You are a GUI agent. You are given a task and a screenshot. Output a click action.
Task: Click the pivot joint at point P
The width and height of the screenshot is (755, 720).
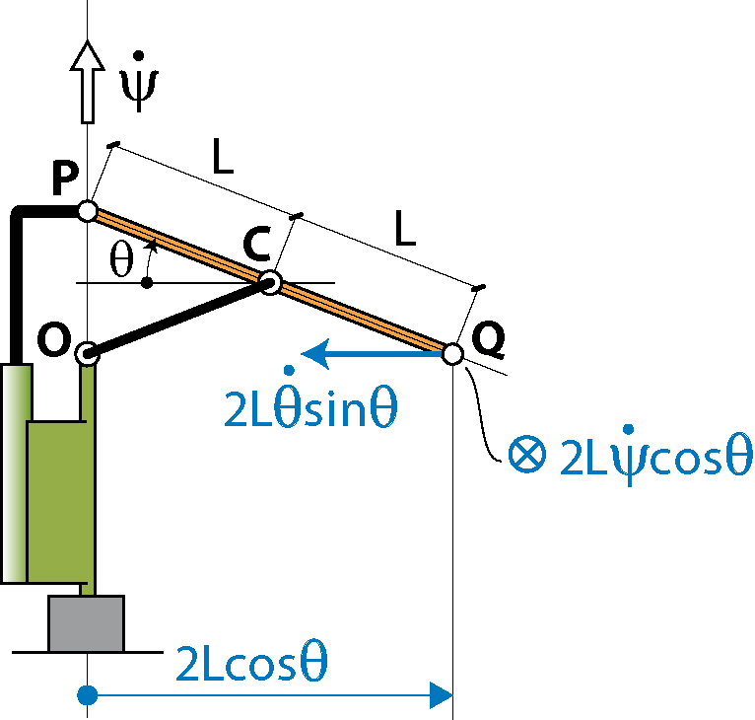(x=88, y=211)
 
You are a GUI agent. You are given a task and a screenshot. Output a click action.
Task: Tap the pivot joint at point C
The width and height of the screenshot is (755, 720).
(x=270, y=282)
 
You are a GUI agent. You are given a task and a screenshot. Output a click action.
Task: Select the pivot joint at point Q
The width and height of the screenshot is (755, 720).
(x=452, y=354)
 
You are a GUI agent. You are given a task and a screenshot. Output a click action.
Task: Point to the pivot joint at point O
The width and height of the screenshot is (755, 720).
(x=87, y=354)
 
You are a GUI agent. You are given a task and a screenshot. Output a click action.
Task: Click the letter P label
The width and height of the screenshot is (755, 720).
(x=65, y=179)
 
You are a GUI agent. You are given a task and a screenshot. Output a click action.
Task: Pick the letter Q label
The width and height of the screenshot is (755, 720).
(x=488, y=339)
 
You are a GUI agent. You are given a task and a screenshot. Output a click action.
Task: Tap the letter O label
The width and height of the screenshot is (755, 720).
(x=54, y=339)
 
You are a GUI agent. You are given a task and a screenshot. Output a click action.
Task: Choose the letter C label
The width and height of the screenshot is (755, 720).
(x=256, y=244)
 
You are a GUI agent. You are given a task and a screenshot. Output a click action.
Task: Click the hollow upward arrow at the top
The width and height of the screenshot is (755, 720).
(x=87, y=82)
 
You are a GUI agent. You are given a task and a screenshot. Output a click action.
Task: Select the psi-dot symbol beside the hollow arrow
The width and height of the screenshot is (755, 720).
(x=139, y=82)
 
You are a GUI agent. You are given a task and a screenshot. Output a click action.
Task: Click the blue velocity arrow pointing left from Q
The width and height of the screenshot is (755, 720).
(x=372, y=354)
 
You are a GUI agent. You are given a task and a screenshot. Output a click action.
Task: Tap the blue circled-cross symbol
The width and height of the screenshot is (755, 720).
(x=527, y=454)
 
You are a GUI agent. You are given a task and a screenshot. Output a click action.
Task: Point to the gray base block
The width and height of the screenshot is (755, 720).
(x=86, y=623)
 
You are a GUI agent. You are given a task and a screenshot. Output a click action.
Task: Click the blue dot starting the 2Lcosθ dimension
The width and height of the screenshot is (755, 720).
(x=87, y=695)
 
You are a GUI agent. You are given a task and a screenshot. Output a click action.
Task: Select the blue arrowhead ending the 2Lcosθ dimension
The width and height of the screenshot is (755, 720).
(x=441, y=695)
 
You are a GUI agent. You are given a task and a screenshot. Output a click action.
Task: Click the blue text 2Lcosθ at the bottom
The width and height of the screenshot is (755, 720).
(x=251, y=663)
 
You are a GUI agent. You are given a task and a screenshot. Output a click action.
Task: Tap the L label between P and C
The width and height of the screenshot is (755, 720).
(x=223, y=156)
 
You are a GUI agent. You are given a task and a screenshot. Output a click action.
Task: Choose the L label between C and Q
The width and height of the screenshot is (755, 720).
(x=404, y=228)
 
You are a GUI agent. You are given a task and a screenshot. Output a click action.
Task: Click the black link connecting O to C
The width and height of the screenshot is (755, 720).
(x=178, y=318)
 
